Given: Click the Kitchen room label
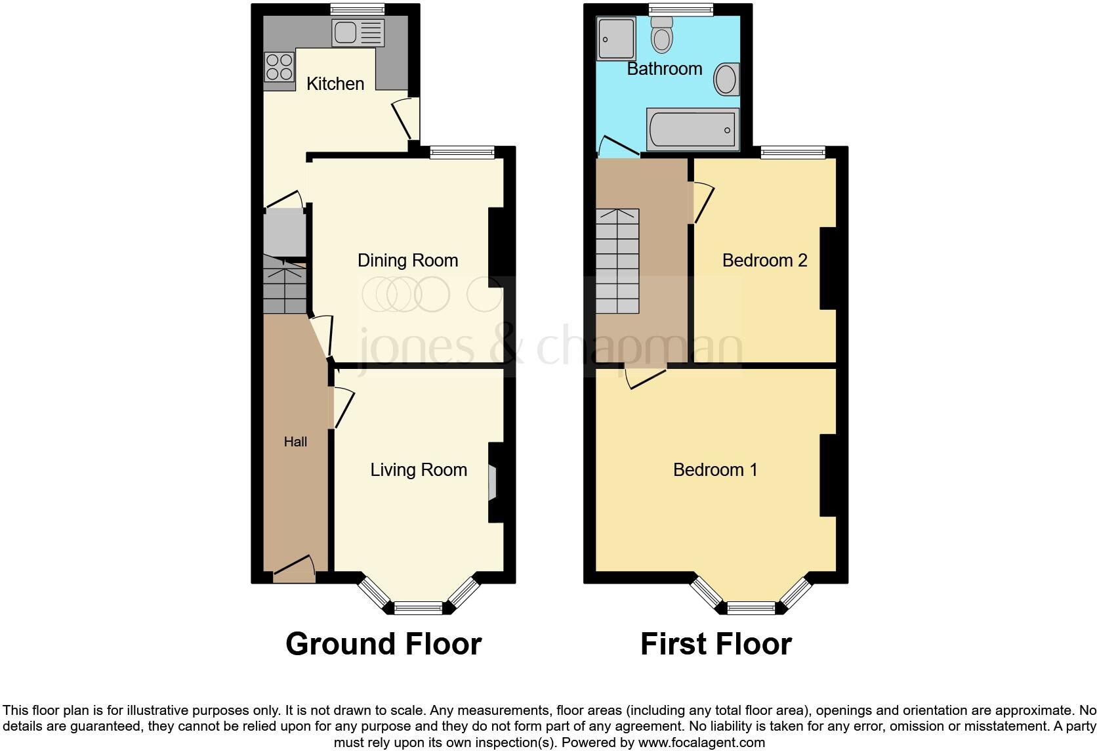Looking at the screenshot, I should pyautogui.click(x=335, y=84).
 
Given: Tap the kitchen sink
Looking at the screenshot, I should pyautogui.click(x=358, y=33).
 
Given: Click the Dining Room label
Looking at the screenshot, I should pyautogui.click(x=407, y=261).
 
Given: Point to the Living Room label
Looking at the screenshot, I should pyautogui.click(x=419, y=470).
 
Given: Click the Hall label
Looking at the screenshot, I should pyautogui.click(x=295, y=442).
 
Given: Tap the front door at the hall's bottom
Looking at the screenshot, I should pyautogui.click(x=294, y=569).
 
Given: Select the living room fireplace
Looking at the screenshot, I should pyautogui.click(x=493, y=484).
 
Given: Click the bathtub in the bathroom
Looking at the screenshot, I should pyautogui.click(x=692, y=129).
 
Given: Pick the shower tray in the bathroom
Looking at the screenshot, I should pyautogui.click(x=616, y=38).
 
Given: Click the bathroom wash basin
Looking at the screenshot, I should pyautogui.click(x=726, y=79).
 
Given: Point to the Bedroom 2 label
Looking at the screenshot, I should pyautogui.click(x=764, y=261).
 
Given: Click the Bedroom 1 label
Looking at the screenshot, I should pyautogui.click(x=715, y=470).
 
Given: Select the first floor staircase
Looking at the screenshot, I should pyautogui.click(x=617, y=261).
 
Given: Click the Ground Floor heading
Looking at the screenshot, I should pyautogui.click(x=384, y=644).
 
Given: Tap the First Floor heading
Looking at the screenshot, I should pyautogui.click(x=716, y=644).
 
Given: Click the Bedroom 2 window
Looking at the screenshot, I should pyautogui.click(x=793, y=152).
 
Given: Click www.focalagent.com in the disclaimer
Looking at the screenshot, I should pyautogui.click(x=700, y=743).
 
